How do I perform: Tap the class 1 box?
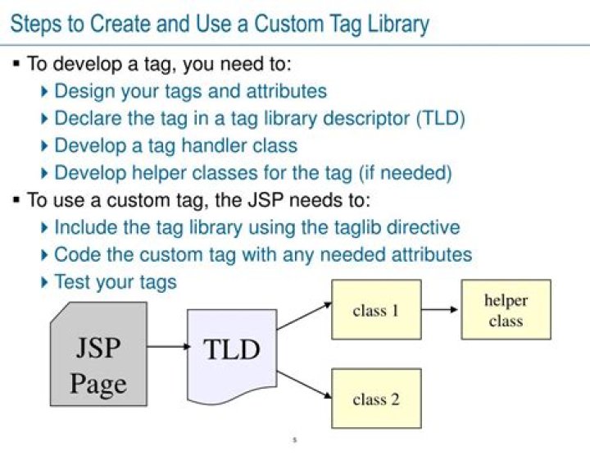(x=375, y=309)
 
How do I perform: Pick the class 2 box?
(x=375, y=399)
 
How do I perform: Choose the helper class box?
(x=506, y=309)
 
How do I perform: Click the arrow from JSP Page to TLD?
(x=167, y=346)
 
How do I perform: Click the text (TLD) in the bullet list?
(x=440, y=118)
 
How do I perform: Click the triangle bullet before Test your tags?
(x=45, y=282)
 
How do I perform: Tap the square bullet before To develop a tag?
(x=16, y=62)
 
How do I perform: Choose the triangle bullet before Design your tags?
(x=45, y=91)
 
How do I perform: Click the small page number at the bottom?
(x=294, y=441)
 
